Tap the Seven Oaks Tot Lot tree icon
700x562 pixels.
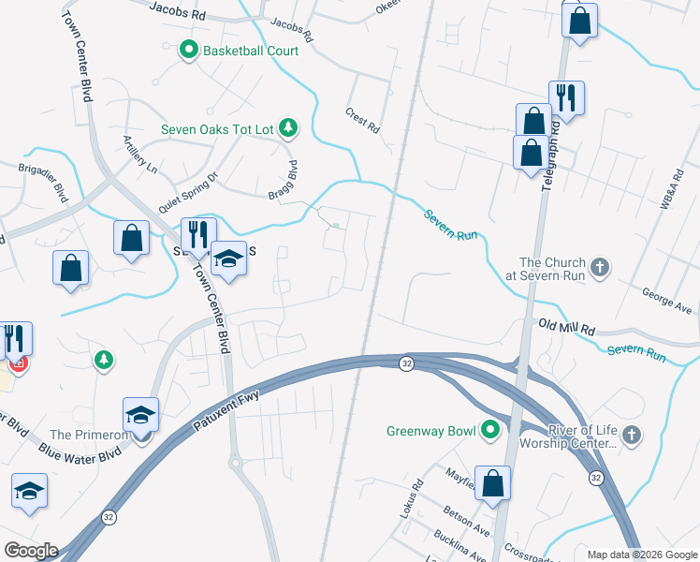[x=289, y=127]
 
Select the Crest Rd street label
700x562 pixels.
[x=363, y=118]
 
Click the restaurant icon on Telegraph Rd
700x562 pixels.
[x=566, y=96]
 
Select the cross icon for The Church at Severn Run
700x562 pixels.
[x=602, y=268]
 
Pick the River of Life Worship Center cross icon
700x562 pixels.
[x=633, y=435]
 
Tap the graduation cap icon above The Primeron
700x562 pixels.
[x=140, y=413]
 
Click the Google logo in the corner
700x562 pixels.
[x=30, y=551]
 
